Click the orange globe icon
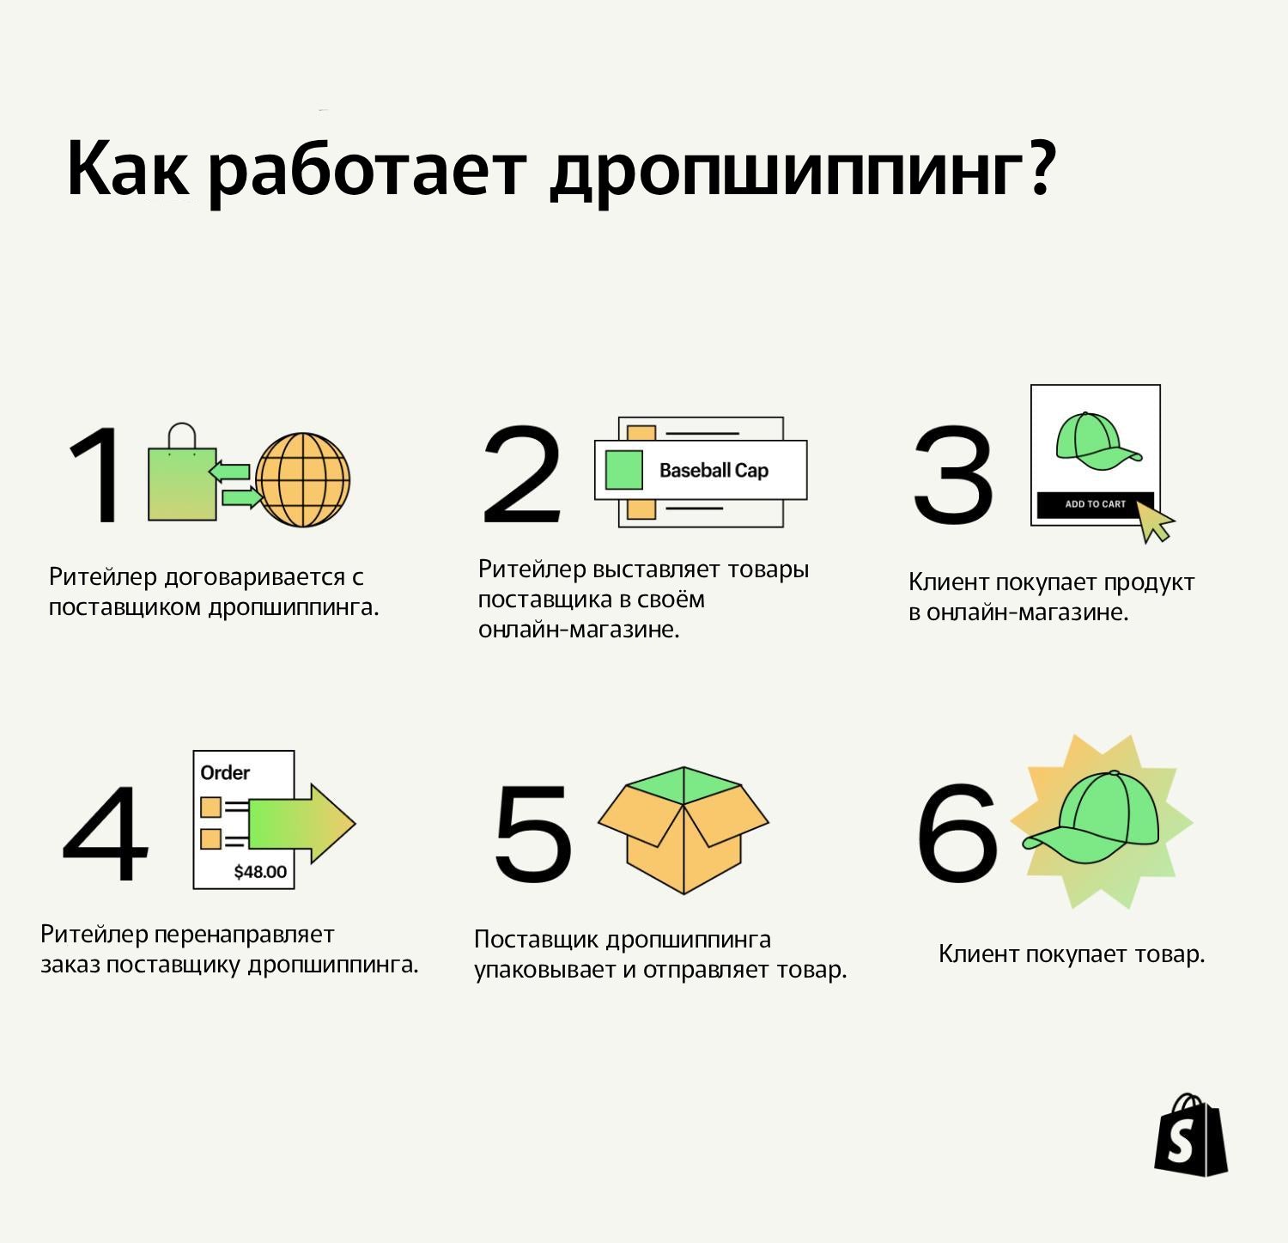303,479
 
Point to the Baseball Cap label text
714,471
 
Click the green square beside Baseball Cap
624,470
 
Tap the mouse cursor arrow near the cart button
1154,521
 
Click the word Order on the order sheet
225,772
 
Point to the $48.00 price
260,872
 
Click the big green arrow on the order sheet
301,823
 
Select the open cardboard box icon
683,829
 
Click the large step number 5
533,832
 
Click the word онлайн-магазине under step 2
579,630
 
